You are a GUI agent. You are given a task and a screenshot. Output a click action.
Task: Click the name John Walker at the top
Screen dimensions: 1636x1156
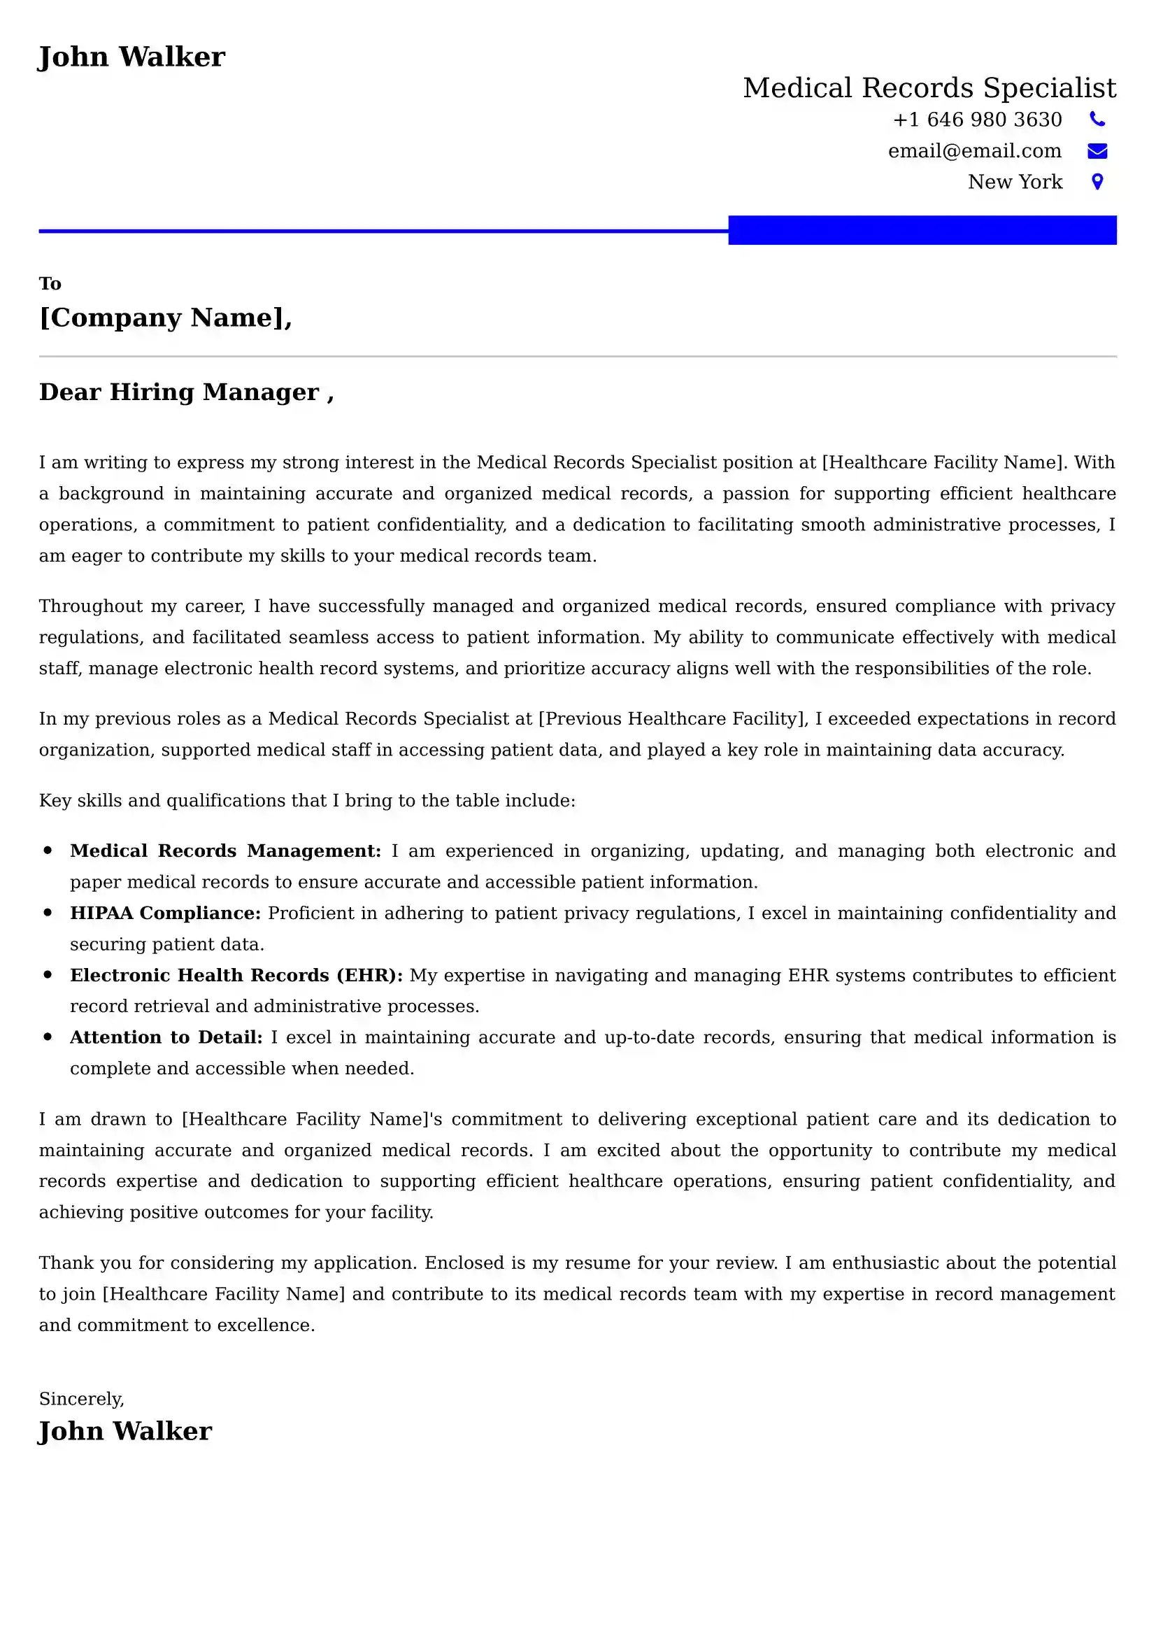click(131, 57)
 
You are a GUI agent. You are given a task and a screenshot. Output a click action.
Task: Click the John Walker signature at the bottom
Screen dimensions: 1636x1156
click(125, 1432)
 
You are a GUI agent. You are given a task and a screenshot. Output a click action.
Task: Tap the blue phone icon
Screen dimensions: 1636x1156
click(1097, 120)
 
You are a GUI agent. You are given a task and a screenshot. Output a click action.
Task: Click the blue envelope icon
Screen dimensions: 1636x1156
click(1097, 151)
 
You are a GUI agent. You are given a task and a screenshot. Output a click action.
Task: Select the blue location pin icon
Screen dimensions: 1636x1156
click(1097, 183)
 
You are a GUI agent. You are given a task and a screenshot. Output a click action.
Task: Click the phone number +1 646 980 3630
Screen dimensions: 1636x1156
click(976, 120)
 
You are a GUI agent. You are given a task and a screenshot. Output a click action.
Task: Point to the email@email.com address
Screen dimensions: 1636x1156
click(974, 151)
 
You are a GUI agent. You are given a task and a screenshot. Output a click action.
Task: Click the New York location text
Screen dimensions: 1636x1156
click(1014, 183)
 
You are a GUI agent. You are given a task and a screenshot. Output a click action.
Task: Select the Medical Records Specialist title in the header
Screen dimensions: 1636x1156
click(929, 88)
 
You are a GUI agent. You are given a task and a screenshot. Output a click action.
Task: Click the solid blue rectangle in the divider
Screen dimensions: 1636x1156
click(922, 230)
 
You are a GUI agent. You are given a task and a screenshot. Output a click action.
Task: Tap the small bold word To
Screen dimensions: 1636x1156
click(50, 283)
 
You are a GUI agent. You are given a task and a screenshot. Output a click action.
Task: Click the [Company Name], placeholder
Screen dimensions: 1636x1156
click(165, 318)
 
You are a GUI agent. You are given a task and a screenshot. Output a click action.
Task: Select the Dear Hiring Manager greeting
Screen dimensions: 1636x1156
click(186, 392)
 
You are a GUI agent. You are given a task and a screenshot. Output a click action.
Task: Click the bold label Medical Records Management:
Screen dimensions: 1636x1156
click(225, 851)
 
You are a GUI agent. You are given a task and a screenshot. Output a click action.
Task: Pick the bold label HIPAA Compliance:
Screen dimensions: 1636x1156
click(165, 913)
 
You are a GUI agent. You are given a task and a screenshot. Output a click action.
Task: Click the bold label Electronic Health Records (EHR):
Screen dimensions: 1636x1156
click(236, 976)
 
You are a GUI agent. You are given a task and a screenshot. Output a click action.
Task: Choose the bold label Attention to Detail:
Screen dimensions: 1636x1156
click(166, 1037)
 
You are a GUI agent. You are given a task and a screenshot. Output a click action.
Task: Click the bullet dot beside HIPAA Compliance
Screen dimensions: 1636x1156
click(48, 913)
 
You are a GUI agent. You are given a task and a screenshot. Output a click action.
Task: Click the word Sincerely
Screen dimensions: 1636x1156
click(81, 1399)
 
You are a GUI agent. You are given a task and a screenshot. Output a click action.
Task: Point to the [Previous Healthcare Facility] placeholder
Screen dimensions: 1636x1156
click(672, 719)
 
